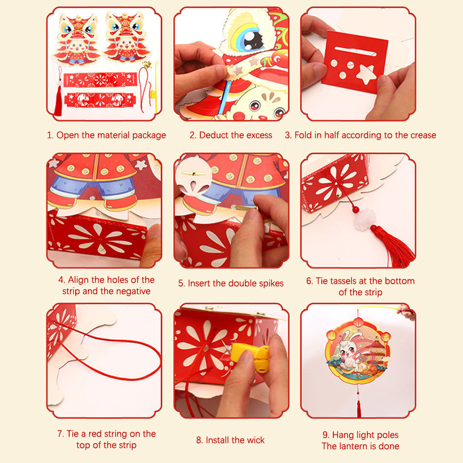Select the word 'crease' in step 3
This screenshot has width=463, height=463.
(x=421, y=135)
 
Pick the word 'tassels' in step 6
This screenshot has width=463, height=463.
(x=348, y=281)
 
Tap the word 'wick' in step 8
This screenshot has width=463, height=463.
(x=256, y=440)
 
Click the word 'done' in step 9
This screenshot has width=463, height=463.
(x=388, y=446)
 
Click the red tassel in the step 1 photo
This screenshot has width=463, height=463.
(x=58, y=100)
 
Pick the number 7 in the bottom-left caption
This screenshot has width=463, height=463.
(x=60, y=434)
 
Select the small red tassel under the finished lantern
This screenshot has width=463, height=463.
(x=359, y=408)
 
